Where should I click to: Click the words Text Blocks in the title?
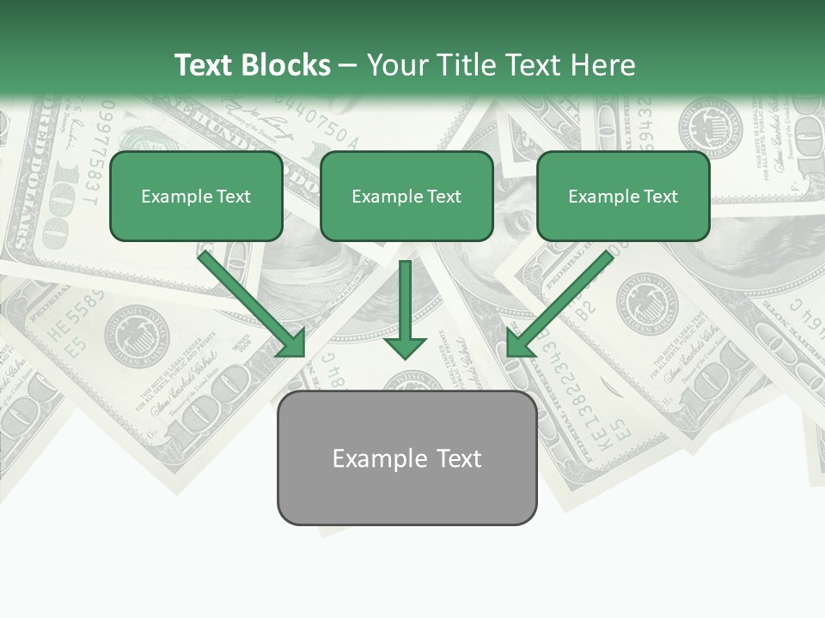[x=252, y=65]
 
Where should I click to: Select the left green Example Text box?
[x=196, y=197]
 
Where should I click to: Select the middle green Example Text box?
[x=406, y=197]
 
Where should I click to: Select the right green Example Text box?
[x=623, y=197]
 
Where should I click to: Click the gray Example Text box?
[x=406, y=458]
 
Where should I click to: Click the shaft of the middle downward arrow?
[x=405, y=296]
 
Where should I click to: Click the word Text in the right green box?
[x=660, y=197]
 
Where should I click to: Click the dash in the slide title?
[x=348, y=65]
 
